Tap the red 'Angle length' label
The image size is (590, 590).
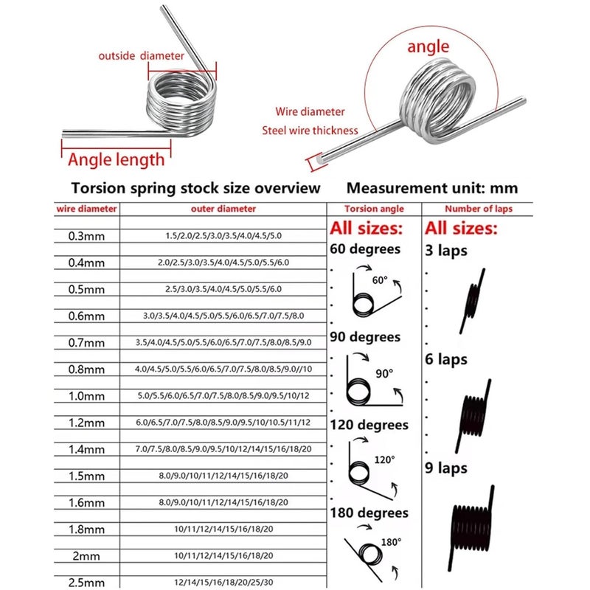[116, 159]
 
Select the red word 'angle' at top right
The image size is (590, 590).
[428, 46]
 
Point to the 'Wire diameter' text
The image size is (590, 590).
[310, 112]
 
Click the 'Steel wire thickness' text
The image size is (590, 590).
[310, 131]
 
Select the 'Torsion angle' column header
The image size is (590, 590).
[375, 209]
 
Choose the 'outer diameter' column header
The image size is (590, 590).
[223, 209]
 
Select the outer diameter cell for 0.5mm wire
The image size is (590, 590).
[223, 289]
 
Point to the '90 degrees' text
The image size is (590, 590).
[366, 337]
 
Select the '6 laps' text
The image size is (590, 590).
[446, 361]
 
